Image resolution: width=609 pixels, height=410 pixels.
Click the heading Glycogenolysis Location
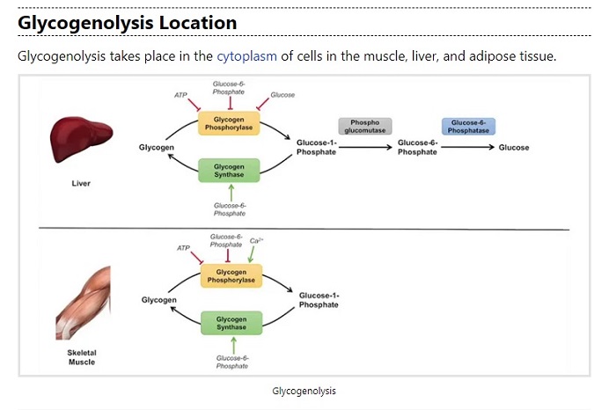coord(127,22)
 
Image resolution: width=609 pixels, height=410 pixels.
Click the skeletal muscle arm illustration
coord(83,304)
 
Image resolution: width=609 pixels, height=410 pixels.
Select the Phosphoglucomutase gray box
coord(364,126)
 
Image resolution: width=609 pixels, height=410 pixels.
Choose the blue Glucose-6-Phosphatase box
coord(468,126)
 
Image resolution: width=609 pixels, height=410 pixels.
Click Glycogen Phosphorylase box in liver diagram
coord(229,124)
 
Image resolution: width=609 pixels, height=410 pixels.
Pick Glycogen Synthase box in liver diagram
coord(229,169)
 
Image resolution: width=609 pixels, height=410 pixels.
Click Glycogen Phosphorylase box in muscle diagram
coord(229,275)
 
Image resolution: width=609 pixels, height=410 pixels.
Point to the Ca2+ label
coord(257,240)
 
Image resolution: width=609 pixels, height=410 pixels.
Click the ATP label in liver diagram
coord(181,94)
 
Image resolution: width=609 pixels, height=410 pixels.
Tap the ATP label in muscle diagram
coord(183,248)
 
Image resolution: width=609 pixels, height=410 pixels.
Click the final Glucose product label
coord(514,148)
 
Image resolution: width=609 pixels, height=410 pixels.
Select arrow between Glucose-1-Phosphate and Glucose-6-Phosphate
coord(365,148)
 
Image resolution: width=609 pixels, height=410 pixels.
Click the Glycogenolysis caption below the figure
coord(304,390)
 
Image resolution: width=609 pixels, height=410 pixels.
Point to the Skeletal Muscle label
coord(81,357)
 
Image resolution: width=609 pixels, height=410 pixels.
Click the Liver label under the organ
coord(81,183)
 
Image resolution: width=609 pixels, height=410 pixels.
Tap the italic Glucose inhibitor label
coord(282,95)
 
